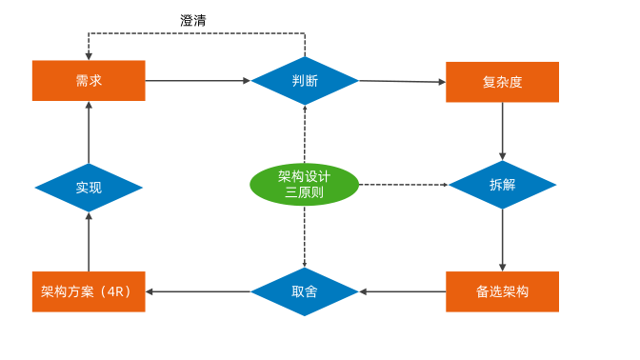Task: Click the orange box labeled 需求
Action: [x=89, y=81]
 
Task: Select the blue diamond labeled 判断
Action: [x=305, y=81]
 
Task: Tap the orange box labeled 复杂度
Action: [x=502, y=82]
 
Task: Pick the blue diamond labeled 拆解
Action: [x=502, y=185]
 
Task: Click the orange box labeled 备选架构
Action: [x=502, y=291]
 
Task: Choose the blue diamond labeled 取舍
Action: [x=305, y=291]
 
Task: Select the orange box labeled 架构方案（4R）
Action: [x=89, y=291]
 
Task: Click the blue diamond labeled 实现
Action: [x=89, y=188]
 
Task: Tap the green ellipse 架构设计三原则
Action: [x=305, y=184]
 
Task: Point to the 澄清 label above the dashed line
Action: [x=193, y=20]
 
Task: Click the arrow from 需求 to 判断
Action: [x=198, y=81]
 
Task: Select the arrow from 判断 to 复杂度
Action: [x=402, y=82]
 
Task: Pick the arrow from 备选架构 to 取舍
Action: [x=402, y=291]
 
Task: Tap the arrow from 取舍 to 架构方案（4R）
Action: [x=198, y=291]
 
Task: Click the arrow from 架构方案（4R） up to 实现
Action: [x=89, y=242]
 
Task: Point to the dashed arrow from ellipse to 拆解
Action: [x=404, y=184]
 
